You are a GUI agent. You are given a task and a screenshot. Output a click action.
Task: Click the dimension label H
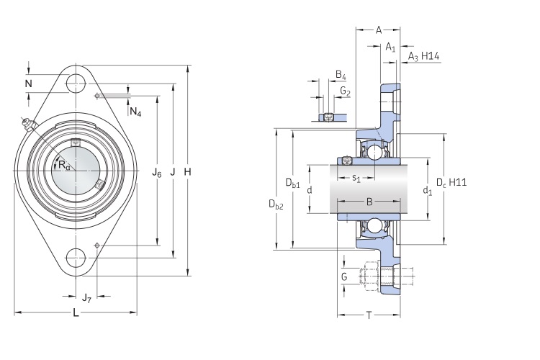187,172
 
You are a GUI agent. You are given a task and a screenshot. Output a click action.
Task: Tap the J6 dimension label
157,173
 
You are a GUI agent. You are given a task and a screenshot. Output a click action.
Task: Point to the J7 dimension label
86,297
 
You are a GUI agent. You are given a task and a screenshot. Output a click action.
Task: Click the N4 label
135,112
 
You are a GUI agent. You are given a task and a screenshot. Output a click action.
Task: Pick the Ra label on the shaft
65,166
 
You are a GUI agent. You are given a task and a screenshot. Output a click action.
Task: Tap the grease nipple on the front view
29,127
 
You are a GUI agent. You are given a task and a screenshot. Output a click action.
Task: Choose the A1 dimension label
390,48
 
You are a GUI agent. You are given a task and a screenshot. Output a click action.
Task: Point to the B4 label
341,76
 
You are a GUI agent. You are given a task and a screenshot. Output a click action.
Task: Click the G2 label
345,92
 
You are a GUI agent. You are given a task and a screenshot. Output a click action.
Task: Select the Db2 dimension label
276,205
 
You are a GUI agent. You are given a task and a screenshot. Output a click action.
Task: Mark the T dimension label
369,316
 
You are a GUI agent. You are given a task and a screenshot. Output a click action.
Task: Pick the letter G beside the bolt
343,277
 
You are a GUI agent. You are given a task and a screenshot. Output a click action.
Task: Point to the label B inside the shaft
369,202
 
